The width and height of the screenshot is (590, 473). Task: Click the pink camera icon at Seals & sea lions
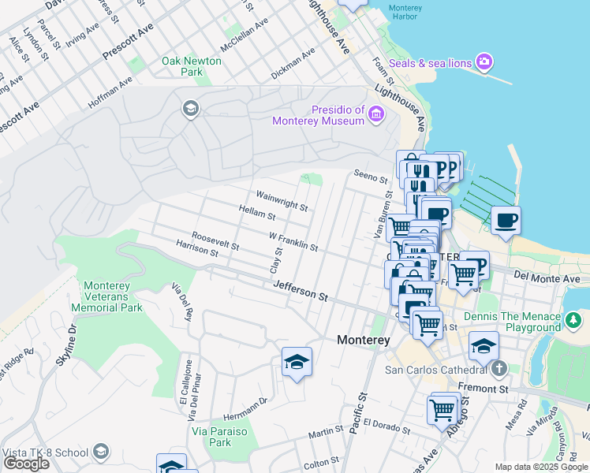pyautogui.click(x=484, y=62)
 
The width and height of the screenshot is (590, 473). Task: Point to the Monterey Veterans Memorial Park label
pyautogui.click(x=112, y=296)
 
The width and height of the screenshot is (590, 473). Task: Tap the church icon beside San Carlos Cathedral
pyautogui.click(x=498, y=369)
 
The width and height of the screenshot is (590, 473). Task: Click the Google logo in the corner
pyautogui.click(x=26, y=464)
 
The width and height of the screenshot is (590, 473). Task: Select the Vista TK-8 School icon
pyautogui.click(x=100, y=452)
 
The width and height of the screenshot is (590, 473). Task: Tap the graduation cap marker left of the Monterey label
pyautogui.click(x=296, y=362)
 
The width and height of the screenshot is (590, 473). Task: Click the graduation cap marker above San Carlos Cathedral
pyautogui.click(x=484, y=345)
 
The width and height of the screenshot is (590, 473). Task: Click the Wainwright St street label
pyautogui.click(x=282, y=200)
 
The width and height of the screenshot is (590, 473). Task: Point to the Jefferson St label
pyautogui.click(x=301, y=293)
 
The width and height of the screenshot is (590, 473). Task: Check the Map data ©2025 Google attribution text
pyautogui.click(x=540, y=467)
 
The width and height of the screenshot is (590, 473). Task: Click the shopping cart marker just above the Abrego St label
pyautogui.click(x=442, y=408)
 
